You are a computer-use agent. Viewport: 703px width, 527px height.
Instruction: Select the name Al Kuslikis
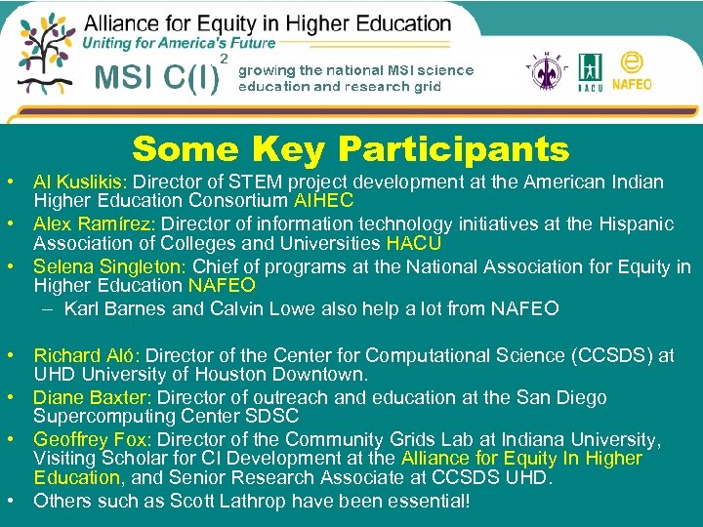[82, 182]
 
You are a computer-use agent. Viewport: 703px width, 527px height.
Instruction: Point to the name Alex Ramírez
[89, 224]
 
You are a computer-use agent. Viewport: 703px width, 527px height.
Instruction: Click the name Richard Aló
[87, 356]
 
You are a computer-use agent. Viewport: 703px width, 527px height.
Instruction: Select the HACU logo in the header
[591, 70]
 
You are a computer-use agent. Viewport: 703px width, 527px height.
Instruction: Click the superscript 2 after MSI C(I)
[226, 60]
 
